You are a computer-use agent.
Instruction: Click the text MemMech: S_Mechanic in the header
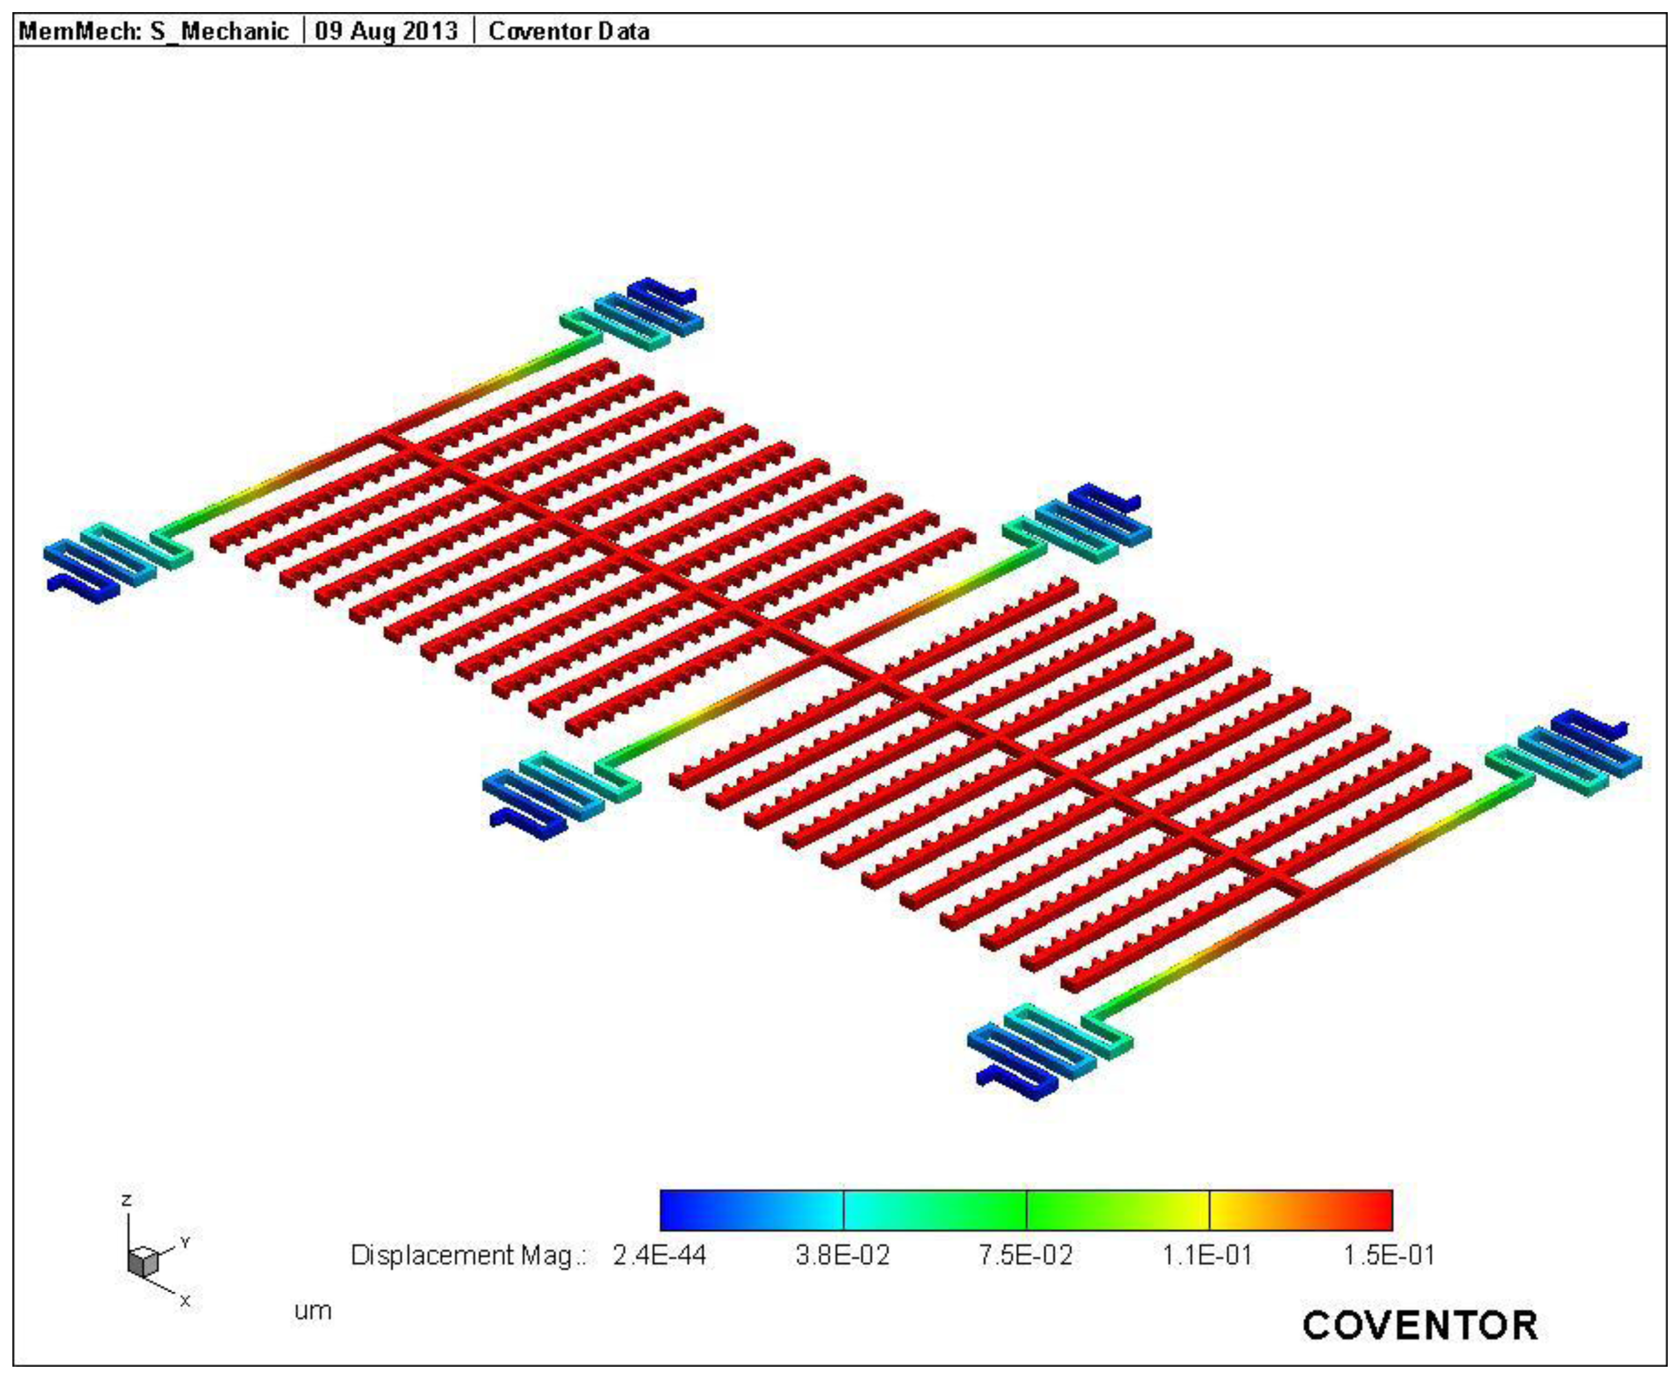[153, 32]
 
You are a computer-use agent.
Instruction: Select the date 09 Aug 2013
[387, 32]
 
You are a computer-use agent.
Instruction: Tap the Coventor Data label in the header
[569, 32]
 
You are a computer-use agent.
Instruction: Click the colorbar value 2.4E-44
[659, 1256]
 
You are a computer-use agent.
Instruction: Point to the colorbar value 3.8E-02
[843, 1256]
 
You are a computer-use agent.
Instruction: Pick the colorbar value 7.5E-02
[1025, 1256]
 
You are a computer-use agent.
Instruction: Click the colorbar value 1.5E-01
[1389, 1256]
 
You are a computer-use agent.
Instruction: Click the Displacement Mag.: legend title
[468, 1256]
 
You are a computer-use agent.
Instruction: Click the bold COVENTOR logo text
[1420, 1326]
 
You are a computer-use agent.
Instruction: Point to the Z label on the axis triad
[126, 1200]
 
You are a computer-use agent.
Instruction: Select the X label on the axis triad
[185, 1301]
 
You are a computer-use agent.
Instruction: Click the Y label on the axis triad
[185, 1242]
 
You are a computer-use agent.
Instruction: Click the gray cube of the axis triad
[143, 1262]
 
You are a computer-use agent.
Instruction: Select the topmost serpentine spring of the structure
[647, 314]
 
